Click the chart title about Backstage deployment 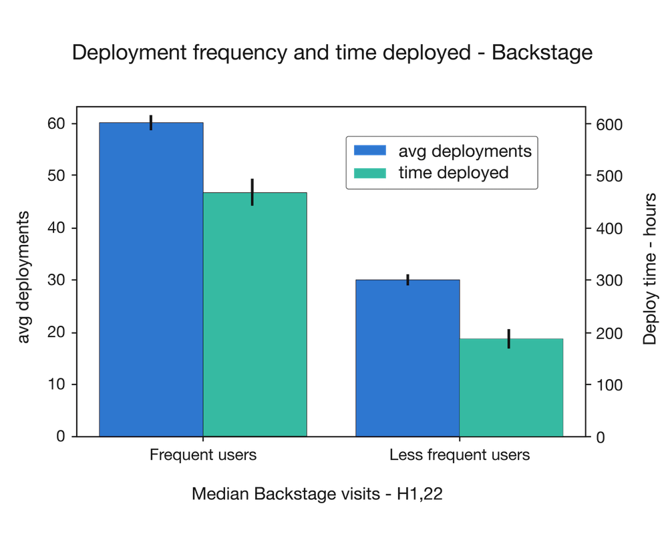[x=332, y=53]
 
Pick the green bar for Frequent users [x=255, y=314]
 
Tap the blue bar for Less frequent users [x=407, y=357]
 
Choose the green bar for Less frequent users [x=512, y=387]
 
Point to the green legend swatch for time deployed [x=370, y=173]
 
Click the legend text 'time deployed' [x=454, y=173]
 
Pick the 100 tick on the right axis [x=609, y=385]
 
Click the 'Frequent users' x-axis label [x=203, y=455]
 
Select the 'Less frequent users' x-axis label [x=460, y=455]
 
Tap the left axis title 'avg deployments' [x=24, y=277]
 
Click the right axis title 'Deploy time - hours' [x=649, y=270]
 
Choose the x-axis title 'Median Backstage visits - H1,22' [x=317, y=495]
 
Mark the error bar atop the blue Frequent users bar [x=152, y=121]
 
